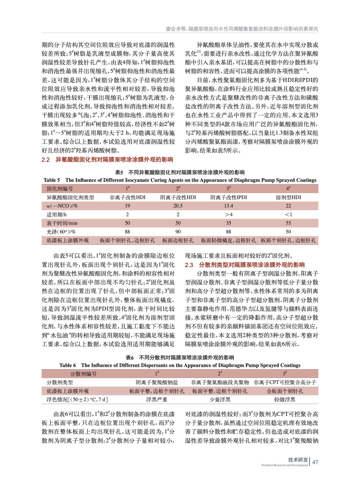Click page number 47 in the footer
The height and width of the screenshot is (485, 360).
point(315,462)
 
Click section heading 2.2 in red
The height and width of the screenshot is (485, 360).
point(107,159)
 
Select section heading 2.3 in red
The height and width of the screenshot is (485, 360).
point(245,265)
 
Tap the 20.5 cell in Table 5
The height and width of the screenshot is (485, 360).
point(178,206)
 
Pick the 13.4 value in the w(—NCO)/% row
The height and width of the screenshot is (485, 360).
point(228,206)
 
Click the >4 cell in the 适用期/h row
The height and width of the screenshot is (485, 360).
point(228,214)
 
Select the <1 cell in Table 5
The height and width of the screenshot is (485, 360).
point(288,214)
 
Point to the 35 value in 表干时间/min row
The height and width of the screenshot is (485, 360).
point(228,223)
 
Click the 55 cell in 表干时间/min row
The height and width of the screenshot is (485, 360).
point(288,223)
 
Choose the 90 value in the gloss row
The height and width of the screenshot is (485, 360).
point(178,232)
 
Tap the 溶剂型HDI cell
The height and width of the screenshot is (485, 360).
point(288,197)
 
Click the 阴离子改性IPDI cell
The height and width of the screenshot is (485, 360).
point(228,197)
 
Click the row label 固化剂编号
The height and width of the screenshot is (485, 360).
point(59,189)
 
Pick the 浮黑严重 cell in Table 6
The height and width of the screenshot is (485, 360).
point(156,400)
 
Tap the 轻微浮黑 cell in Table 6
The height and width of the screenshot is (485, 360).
point(284,400)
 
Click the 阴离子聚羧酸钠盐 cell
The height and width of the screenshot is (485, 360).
point(156,383)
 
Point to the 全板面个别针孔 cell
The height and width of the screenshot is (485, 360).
point(284,391)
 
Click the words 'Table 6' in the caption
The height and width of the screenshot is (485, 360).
point(68,365)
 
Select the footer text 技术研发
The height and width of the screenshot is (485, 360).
point(298,460)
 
